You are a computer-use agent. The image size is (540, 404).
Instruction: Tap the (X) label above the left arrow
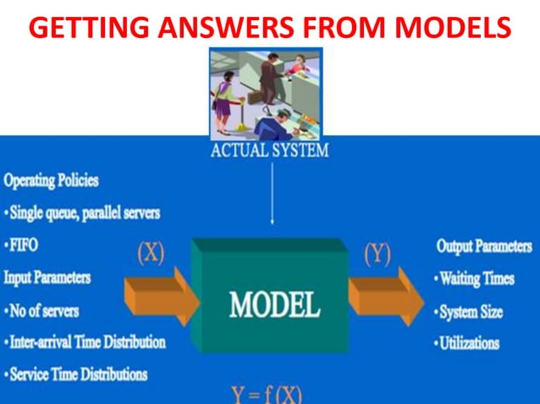[150, 254]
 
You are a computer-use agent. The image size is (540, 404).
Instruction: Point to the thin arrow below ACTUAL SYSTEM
[272, 194]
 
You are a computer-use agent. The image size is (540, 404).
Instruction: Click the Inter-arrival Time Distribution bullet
[85, 342]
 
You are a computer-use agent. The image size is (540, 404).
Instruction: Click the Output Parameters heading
[482, 246]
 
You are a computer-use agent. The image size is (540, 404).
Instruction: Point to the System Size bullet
[471, 311]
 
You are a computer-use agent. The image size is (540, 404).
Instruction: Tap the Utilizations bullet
[469, 343]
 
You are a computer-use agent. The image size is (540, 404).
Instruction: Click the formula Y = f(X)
[267, 394]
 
